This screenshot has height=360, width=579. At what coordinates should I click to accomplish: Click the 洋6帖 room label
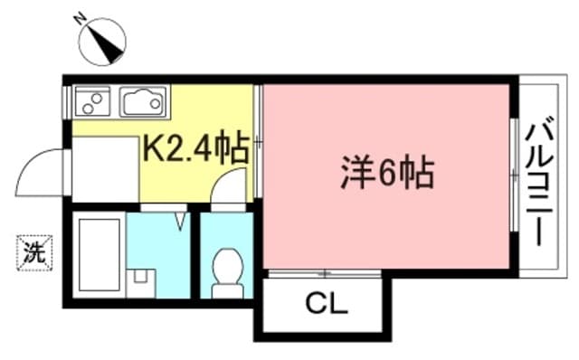[386, 172]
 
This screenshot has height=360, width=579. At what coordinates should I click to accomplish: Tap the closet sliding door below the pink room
[324, 271]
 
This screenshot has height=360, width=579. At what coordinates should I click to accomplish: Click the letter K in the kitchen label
[152, 148]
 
